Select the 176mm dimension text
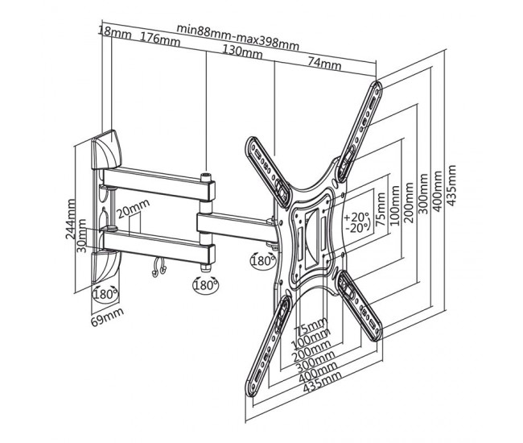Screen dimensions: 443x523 click(x=159, y=38)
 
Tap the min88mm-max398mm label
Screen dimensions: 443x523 click(x=237, y=29)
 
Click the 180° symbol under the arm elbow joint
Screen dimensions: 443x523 click(x=204, y=284)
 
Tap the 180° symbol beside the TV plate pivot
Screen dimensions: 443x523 click(x=262, y=260)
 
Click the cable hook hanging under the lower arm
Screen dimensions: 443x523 click(x=159, y=267)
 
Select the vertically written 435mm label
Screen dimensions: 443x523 click(x=451, y=186)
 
